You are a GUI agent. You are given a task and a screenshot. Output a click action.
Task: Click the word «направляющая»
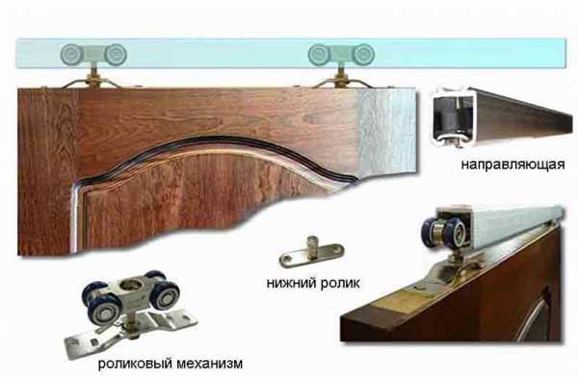(512, 165)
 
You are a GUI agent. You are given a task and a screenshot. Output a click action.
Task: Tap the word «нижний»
(291, 284)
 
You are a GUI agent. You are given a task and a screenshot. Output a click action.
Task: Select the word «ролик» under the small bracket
(340, 284)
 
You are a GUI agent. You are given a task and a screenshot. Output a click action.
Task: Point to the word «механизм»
(210, 364)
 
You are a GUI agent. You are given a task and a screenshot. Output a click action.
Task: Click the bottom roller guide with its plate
(311, 251)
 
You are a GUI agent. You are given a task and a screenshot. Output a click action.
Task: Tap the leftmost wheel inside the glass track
(71, 55)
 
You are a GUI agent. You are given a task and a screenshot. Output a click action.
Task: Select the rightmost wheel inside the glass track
(363, 55)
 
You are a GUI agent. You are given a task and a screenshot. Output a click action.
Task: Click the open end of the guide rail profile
(453, 116)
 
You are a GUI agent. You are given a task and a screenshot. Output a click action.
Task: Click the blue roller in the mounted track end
(444, 232)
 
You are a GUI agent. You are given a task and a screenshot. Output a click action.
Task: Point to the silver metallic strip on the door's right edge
(387, 130)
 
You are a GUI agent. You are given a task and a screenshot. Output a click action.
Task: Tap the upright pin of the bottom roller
(313, 243)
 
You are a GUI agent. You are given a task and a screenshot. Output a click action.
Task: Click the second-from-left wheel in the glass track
(116, 55)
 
